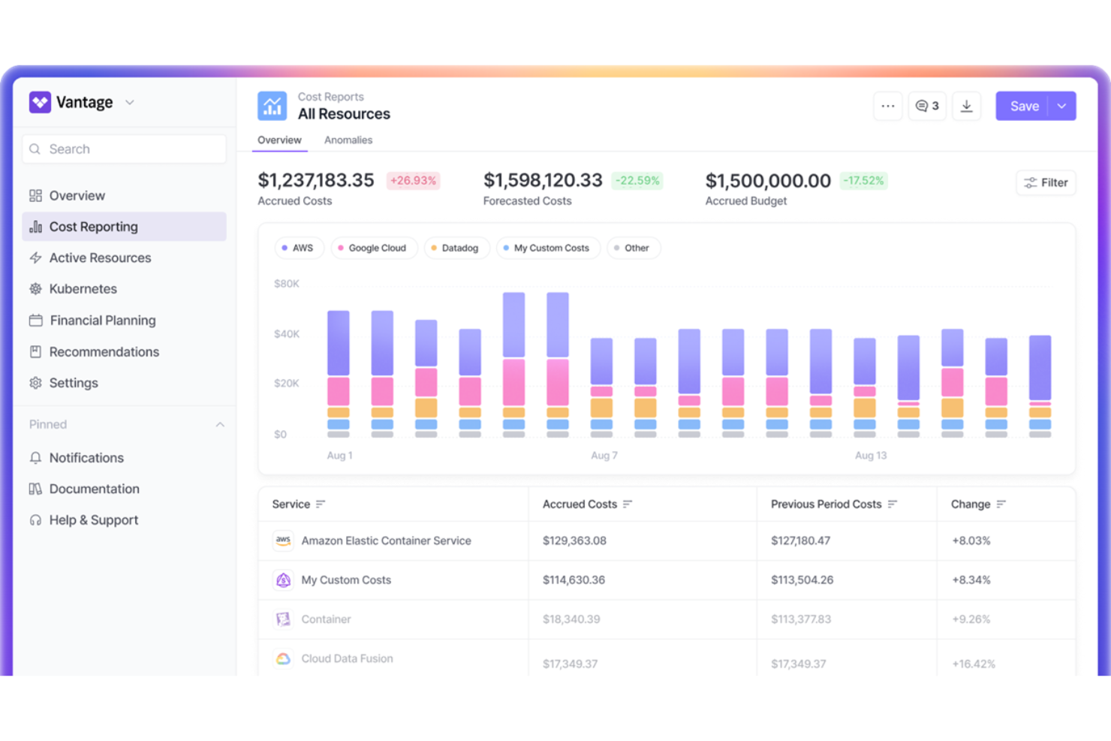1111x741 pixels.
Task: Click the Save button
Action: pyautogui.click(x=1023, y=107)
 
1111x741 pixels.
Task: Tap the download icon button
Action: pyautogui.click(x=966, y=107)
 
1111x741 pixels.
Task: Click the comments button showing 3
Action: pyautogui.click(x=927, y=107)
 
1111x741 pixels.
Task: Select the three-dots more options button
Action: pyautogui.click(x=887, y=107)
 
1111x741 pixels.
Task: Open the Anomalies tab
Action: pyautogui.click(x=348, y=140)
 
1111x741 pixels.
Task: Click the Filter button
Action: pyautogui.click(x=1046, y=182)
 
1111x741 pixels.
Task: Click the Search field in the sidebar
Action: pyautogui.click(x=125, y=149)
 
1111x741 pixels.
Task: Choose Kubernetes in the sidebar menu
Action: pyautogui.click(x=83, y=289)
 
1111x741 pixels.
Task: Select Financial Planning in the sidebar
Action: pyautogui.click(x=102, y=321)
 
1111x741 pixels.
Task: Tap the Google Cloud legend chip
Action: pyautogui.click(x=374, y=248)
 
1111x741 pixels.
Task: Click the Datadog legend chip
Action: pyautogui.click(x=456, y=248)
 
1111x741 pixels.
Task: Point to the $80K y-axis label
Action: pyautogui.click(x=287, y=284)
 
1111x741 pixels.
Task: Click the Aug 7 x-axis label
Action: pyautogui.click(x=604, y=456)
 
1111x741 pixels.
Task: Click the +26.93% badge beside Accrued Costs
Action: pyautogui.click(x=413, y=181)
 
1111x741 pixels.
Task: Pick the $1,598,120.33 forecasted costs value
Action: pyautogui.click(x=543, y=181)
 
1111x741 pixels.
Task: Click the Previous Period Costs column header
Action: pyautogui.click(x=826, y=505)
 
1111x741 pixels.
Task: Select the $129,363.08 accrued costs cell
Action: pyautogui.click(x=574, y=541)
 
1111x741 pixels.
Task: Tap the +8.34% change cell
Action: pyautogui.click(x=971, y=580)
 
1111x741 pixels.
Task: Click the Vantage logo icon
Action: pyautogui.click(x=40, y=102)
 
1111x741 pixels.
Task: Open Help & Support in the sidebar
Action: pyautogui.click(x=93, y=520)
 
